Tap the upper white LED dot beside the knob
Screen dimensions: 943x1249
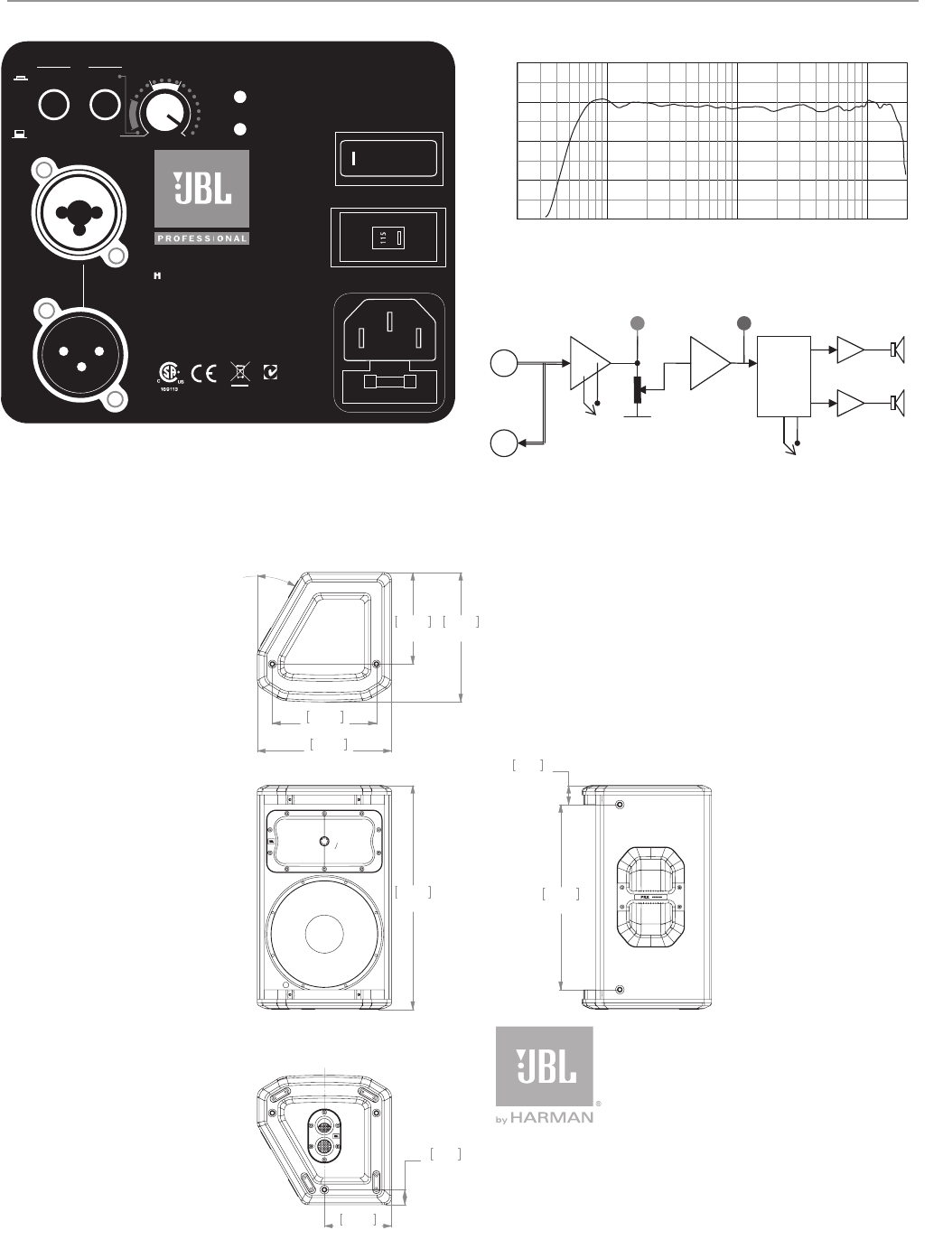click(x=240, y=96)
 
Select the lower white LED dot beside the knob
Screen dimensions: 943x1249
click(x=240, y=128)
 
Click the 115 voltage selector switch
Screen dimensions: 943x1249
click(x=389, y=238)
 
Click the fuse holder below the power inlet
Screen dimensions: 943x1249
click(x=388, y=383)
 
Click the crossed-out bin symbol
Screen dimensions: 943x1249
click(x=240, y=373)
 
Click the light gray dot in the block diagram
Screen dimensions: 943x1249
click(x=638, y=322)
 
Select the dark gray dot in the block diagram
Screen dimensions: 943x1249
click(x=744, y=322)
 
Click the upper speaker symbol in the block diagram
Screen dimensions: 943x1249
click(x=898, y=349)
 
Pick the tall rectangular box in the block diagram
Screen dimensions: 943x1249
click(x=783, y=376)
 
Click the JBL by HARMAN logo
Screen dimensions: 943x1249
click(x=545, y=1075)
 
